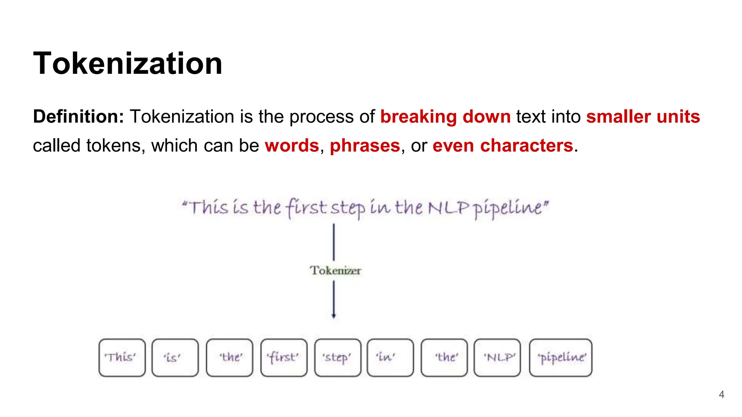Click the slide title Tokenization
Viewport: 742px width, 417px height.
128,63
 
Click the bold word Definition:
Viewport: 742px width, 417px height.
79,117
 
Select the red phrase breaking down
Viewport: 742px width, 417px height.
445,117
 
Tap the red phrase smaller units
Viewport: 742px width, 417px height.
643,117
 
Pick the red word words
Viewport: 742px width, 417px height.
292,146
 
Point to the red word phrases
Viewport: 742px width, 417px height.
365,146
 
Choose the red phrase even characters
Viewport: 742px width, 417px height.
503,146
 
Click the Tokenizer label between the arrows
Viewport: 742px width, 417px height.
335,270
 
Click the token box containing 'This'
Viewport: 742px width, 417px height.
122,358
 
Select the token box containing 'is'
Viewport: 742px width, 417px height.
175,358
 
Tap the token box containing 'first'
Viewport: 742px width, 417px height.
284,358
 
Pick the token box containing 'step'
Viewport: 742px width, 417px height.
338,358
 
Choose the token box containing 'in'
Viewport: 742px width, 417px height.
390,358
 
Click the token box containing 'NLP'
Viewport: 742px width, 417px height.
497,358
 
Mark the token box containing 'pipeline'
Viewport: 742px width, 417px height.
560,358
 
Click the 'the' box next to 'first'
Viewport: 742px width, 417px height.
229,358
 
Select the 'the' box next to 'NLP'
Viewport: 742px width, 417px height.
444,358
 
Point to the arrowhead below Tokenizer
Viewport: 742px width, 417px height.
334,316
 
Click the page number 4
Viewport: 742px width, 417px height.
721,394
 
